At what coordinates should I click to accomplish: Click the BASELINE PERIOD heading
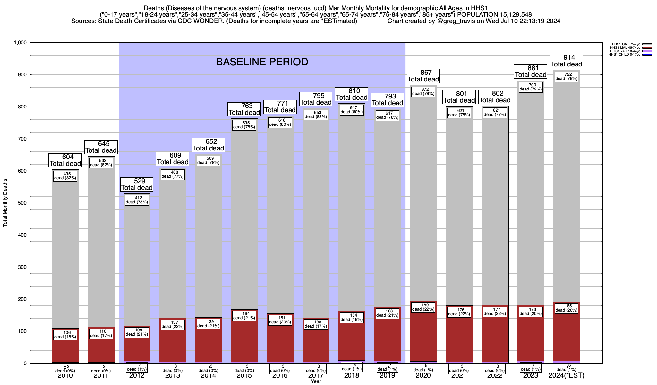262,62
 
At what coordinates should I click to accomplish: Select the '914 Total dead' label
567,61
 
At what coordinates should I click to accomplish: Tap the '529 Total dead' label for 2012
137,184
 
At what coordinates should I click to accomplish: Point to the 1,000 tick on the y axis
20,43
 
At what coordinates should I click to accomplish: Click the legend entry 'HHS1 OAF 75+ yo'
626,44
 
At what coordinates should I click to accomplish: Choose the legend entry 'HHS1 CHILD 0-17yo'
624,55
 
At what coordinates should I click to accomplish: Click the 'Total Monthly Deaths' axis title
5,203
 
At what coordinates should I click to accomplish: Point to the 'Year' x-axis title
316,381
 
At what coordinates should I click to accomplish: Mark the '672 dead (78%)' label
423,91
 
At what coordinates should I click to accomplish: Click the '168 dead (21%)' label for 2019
388,313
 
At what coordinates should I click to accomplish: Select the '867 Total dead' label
423,76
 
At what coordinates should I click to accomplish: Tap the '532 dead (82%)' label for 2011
101,163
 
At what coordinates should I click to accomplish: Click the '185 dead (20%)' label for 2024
567,308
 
